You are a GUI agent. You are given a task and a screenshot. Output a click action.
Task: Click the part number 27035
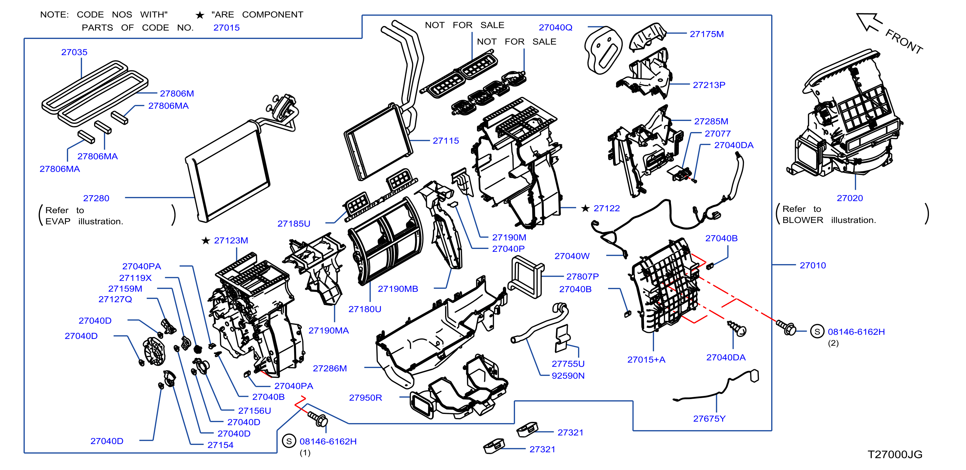(74, 52)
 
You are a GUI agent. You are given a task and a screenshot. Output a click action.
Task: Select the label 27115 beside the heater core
(446, 141)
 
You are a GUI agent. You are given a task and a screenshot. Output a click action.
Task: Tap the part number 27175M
(707, 34)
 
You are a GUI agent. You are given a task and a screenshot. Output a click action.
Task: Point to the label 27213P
(709, 85)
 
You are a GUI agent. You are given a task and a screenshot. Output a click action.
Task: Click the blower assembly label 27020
(849, 198)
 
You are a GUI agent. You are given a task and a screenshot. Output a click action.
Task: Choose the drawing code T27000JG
(895, 454)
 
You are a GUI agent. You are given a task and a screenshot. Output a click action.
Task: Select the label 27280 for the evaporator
(96, 198)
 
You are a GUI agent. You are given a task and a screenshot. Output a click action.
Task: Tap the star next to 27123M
(206, 240)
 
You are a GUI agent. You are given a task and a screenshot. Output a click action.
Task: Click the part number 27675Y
(709, 419)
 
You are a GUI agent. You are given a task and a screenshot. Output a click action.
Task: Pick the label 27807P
(582, 276)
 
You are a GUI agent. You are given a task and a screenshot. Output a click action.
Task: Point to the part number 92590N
(568, 376)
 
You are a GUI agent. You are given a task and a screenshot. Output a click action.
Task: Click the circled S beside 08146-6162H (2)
(817, 331)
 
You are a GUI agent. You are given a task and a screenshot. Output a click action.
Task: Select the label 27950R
(365, 397)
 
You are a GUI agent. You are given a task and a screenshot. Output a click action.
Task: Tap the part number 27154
(220, 445)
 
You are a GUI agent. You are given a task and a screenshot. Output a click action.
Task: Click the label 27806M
(177, 93)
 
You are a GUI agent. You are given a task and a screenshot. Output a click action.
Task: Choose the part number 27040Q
(556, 27)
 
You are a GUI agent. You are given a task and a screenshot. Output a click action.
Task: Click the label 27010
(813, 266)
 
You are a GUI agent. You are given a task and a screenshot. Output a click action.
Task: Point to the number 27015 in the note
(226, 28)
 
